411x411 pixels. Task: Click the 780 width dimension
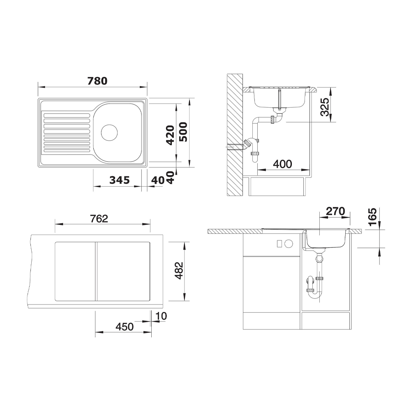97,81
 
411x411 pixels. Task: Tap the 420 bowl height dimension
171,135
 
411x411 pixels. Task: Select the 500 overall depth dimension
183,132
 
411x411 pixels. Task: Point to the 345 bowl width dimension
120,180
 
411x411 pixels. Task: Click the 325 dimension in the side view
325,107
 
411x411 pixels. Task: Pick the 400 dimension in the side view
282,164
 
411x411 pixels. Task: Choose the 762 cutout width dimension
99,219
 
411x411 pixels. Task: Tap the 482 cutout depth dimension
179,270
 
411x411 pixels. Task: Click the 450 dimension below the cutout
125,327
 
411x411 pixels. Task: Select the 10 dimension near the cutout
161,316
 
